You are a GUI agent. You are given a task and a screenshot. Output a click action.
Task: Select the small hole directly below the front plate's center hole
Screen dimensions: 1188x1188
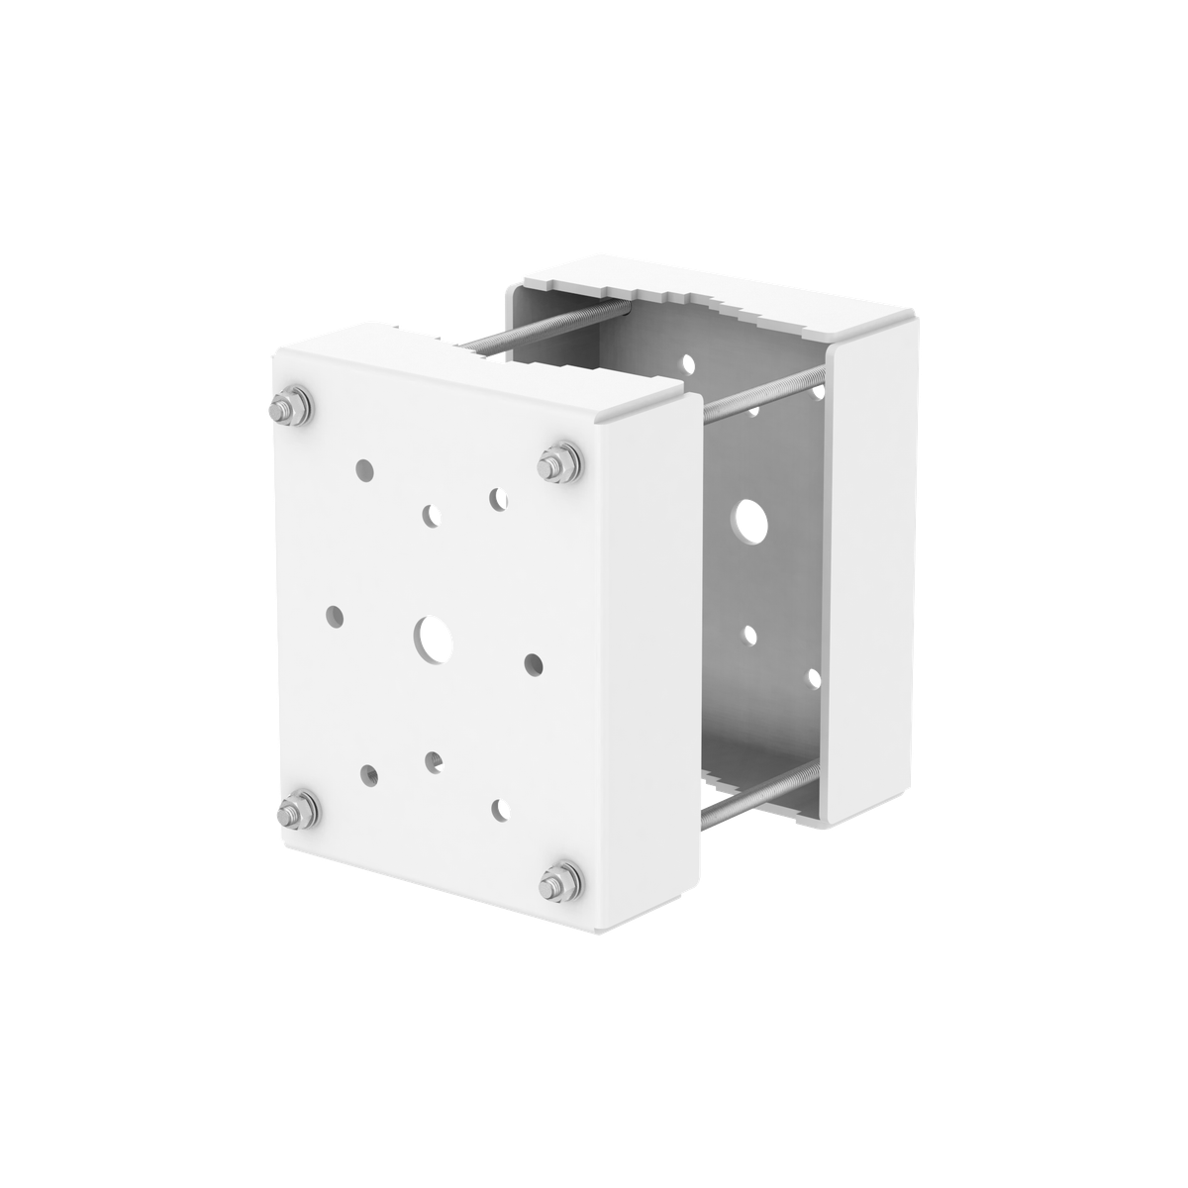(432, 760)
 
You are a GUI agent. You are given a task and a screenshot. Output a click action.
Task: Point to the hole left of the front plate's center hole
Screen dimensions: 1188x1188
(336, 615)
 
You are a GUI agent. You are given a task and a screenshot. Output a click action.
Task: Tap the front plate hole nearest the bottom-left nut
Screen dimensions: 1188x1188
(369, 772)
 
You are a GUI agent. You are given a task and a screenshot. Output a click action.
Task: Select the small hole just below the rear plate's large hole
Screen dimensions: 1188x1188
(750, 633)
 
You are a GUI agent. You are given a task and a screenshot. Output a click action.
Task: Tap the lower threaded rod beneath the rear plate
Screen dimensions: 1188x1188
(752, 787)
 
